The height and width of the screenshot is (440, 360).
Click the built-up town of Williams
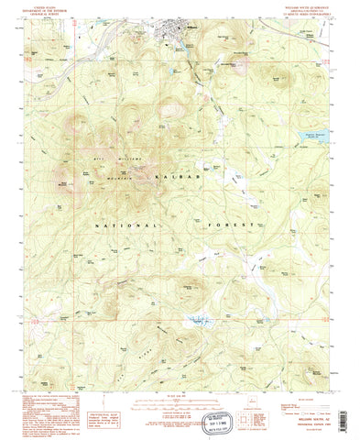point(179,37)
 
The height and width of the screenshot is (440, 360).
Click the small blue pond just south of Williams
point(171,67)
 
